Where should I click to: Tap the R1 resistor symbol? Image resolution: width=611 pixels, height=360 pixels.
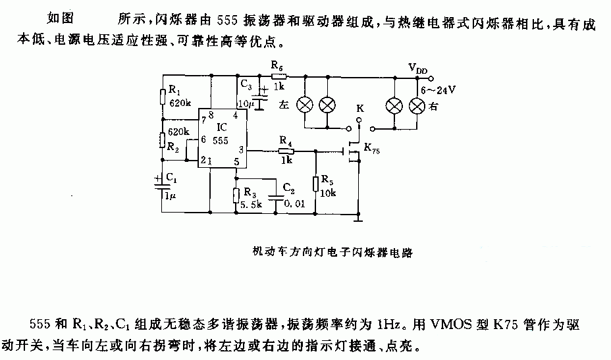(x=161, y=97)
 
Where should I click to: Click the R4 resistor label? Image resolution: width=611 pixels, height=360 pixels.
(x=285, y=140)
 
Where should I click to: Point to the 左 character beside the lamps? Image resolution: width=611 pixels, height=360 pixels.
(x=284, y=104)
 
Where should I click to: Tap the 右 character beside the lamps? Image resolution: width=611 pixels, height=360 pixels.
(x=435, y=104)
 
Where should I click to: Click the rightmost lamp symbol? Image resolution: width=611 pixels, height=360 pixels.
(x=416, y=104)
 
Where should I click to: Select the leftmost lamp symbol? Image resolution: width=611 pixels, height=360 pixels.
(x=305, y=104)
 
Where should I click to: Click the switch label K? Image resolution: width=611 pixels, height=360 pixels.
(x=359, y=107)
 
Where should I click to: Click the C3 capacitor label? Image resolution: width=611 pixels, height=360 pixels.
(x=246, y=84)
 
